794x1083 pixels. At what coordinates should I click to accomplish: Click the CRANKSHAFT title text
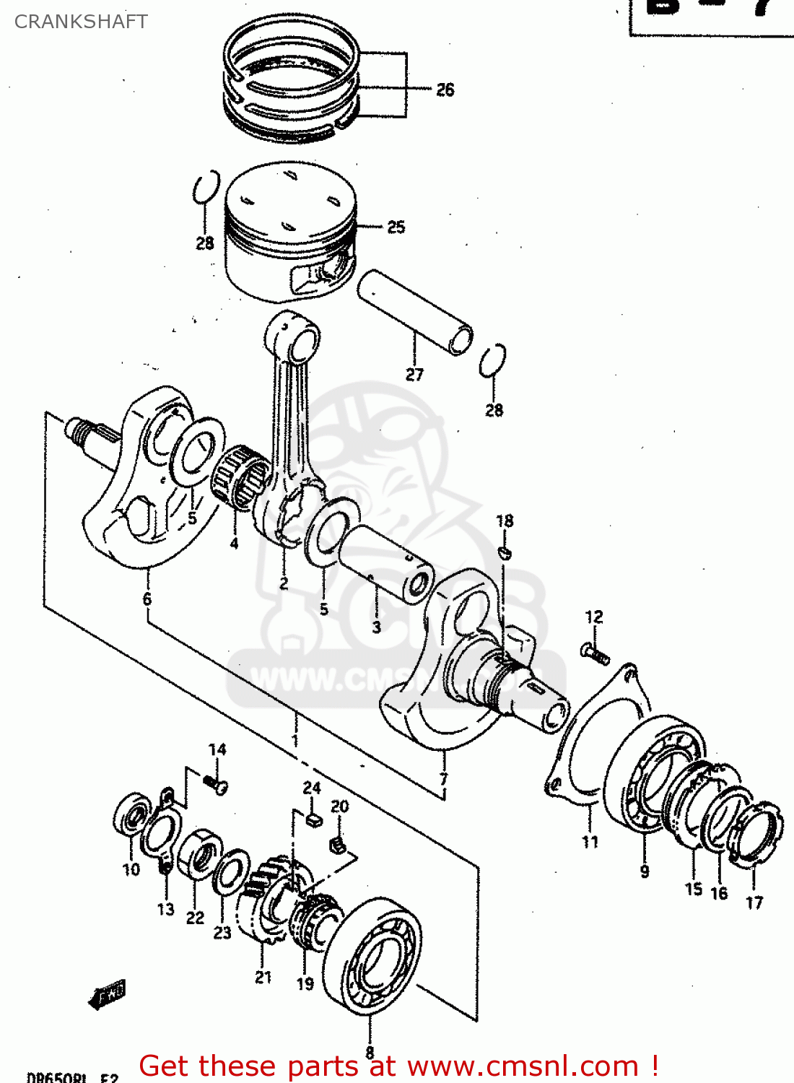click(81, 22)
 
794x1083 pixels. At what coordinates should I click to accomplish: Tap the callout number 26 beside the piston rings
click(445, 90)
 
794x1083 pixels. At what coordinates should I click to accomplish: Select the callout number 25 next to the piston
click(396, 227)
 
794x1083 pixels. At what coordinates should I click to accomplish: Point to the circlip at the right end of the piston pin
click(492, 360)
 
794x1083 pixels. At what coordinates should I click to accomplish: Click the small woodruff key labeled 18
click(505, 553)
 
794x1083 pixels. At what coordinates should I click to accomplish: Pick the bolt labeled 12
click(595, 654)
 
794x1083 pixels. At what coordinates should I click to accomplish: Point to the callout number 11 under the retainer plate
click(590, 842)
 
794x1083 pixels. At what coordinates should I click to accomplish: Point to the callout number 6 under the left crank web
click(147, 599)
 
